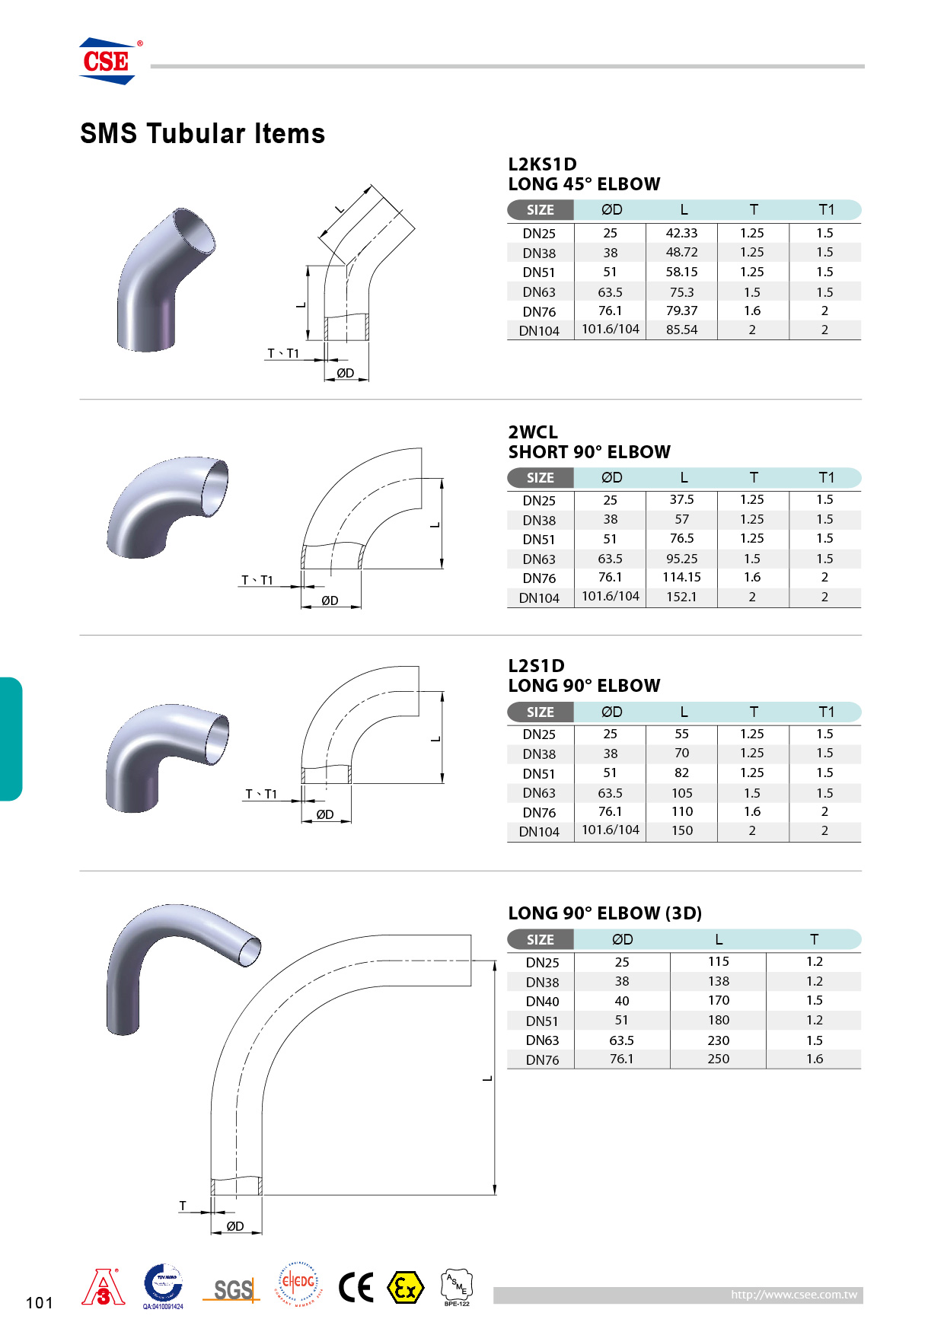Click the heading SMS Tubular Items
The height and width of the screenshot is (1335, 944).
pos(203,134)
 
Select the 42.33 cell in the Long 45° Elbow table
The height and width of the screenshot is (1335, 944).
pos(681,233)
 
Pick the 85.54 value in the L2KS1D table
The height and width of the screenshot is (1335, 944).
pos(681,330)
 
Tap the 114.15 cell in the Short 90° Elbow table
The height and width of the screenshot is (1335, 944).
pos(681,577)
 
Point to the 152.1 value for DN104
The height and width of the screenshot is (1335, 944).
pos(681,597)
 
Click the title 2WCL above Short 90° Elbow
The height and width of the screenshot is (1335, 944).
pos(533,432)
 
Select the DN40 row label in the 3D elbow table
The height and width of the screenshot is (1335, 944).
pos(542,1002)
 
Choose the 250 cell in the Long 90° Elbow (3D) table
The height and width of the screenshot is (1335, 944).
pos(718,1059)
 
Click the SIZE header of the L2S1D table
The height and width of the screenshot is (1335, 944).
pos(541,712)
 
